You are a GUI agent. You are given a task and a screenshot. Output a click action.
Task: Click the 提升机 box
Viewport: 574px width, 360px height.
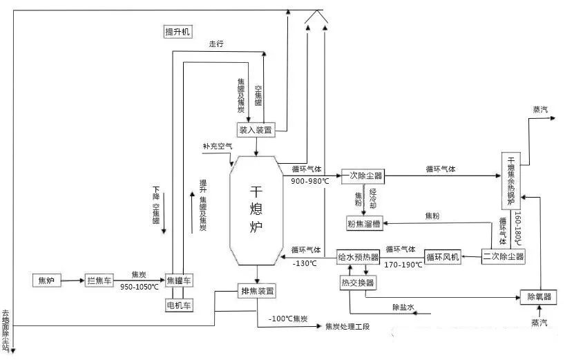pyautogui.click(x=178, y=32)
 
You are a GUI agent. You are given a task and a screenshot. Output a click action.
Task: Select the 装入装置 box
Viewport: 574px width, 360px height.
pyautogui.click(x=256, y=129)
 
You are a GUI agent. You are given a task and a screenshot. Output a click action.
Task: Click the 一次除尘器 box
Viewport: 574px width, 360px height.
pyautogui.click(x=362, y=176)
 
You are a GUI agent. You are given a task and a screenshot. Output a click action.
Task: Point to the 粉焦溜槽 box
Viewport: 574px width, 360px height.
pyautogui.click(x=365, y=223)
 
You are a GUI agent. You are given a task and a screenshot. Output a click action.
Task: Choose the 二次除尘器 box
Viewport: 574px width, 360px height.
pyautogui.click(x=503, y=256)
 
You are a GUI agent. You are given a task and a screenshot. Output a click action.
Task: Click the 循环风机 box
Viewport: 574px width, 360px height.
pyautogui.click(x=442, y=256)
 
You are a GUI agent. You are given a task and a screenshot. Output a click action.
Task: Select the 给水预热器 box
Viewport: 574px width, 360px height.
pyautogui.click(x=358, y=256)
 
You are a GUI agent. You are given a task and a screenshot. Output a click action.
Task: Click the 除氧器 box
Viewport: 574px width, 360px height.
pyautogui.click(x=538, y=297)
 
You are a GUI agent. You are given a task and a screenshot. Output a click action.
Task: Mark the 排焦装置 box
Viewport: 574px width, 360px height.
pyautogui.click(x=257, y=290)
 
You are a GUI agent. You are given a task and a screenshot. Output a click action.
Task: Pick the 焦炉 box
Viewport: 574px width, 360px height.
pyautogui.click(x=47, y=281)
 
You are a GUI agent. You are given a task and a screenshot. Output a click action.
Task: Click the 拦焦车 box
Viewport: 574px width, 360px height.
pyautogui.click(x=99, y=281)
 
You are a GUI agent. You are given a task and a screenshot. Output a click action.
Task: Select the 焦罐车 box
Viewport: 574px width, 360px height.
pyautogui.click(x=179, y=281)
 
